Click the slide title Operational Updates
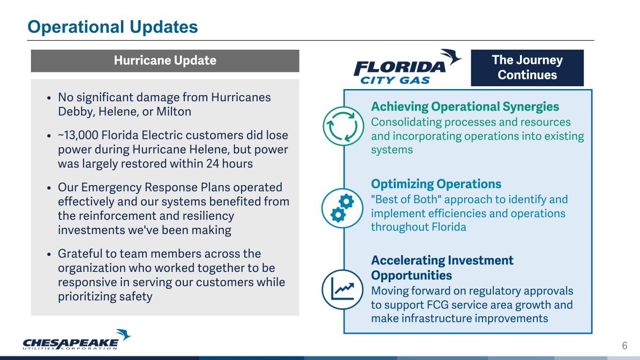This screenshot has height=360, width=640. [x=113, y=27]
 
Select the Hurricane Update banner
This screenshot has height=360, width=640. [x=165, y=61]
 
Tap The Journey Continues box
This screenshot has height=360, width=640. [x=527, y=67]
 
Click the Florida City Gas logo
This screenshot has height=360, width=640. [x=407, y=67]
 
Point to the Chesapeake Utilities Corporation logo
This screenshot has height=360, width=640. [x=76, y=339]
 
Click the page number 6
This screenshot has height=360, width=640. [x=625, y=345]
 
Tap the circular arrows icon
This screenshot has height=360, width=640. [x=343, y=126]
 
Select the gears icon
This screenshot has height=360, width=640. [x=342, y=208]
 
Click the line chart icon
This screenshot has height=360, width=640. [x=342, y=289]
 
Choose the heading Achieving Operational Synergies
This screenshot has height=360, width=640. [x=465, y=107]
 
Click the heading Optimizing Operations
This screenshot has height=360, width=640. [x=436, y=184]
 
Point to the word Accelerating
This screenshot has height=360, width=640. [x=408, y=261]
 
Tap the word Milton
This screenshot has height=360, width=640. [x=173, y=112]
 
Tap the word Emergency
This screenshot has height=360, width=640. [x=111, y=188]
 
